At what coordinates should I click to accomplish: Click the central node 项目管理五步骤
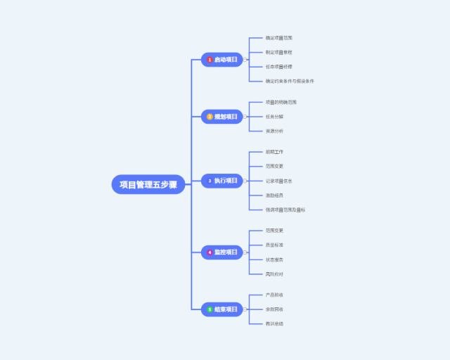[148, 184]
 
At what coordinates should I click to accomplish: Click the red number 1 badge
[210, 60]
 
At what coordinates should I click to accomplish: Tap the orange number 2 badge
[210, 116]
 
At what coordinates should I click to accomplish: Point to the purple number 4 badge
[210, 252]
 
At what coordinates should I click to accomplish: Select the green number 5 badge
[210, 309]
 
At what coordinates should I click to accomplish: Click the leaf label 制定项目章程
[279, 52]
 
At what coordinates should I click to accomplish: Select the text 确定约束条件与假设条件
[290, 81]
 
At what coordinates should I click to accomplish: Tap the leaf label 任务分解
[275, 117]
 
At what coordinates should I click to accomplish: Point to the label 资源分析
[275, 131]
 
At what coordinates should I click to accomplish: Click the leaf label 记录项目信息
[279, 181]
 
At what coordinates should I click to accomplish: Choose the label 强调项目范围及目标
[285, 210]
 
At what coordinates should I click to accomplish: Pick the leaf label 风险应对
[275, 274]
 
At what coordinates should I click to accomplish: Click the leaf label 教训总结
[275, 323]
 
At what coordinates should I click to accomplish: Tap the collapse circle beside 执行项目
[245, 181]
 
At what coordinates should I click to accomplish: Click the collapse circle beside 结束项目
[245, 309]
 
